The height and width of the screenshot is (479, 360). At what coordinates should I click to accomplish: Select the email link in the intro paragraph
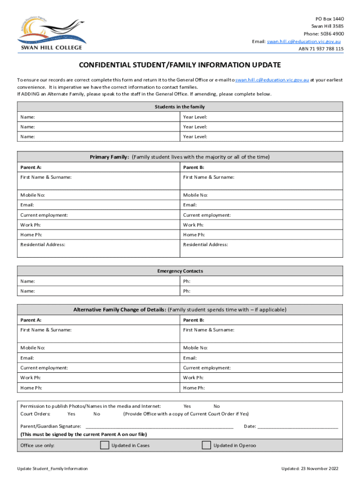tap(272, 80)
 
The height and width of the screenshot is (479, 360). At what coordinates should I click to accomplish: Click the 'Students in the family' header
tap(180, 107)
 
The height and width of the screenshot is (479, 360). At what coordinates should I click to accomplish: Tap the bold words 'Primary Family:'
tap(109, 157)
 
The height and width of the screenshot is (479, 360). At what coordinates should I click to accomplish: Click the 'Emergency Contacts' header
tap(180, 271)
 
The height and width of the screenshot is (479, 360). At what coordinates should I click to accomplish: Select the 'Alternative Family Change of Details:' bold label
tap(119, 310)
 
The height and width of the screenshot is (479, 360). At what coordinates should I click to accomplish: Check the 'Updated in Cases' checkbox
tap(105, 445)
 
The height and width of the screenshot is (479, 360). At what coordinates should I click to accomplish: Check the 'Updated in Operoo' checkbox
tap(206, 445)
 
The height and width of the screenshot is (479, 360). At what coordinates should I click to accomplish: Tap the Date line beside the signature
tap(298, 426)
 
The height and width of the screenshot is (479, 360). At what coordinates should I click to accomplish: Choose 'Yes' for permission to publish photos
tap(187, 406)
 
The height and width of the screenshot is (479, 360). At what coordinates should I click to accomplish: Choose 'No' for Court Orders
tap(97, 414)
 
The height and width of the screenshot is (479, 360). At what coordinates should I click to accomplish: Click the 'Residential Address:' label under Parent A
tap(43, 245)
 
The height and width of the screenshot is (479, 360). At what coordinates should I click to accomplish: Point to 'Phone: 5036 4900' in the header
tap(324, 34)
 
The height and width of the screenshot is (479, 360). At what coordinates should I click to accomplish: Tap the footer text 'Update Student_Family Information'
tap(52, 469)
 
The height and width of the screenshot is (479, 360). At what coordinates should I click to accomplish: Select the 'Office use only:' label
tap(37, 446)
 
